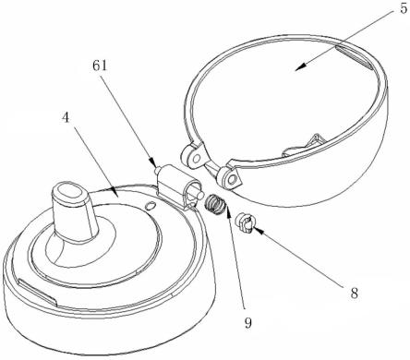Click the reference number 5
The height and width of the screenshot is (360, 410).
403,8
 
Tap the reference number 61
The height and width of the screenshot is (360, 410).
100,66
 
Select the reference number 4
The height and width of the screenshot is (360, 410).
66,117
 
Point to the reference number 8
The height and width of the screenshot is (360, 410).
355,294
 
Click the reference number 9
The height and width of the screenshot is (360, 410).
248,323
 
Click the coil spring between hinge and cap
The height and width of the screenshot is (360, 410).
215,205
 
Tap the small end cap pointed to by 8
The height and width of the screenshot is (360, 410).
245,223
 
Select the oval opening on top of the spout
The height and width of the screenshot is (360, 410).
71,192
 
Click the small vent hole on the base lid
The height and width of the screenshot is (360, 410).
150,205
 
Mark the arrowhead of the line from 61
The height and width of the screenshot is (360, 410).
152,162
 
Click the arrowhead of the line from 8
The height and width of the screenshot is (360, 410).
257,230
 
